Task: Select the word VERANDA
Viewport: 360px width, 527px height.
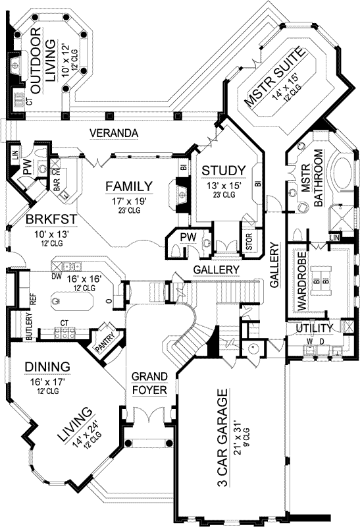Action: [x=115, y=134]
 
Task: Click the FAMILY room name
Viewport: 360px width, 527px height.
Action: [x=129, y=186]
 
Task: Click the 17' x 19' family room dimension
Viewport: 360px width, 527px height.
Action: [x=129, y=200]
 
